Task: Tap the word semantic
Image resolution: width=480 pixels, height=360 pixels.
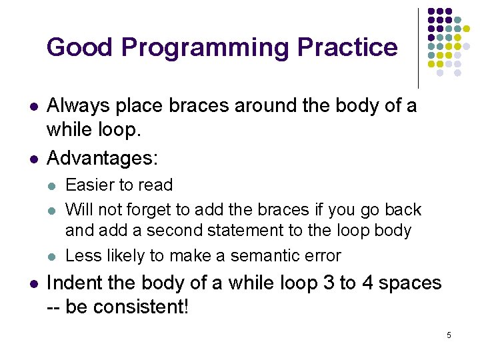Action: coord(270,255)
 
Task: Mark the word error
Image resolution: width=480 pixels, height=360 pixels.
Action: coord(323,255)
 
